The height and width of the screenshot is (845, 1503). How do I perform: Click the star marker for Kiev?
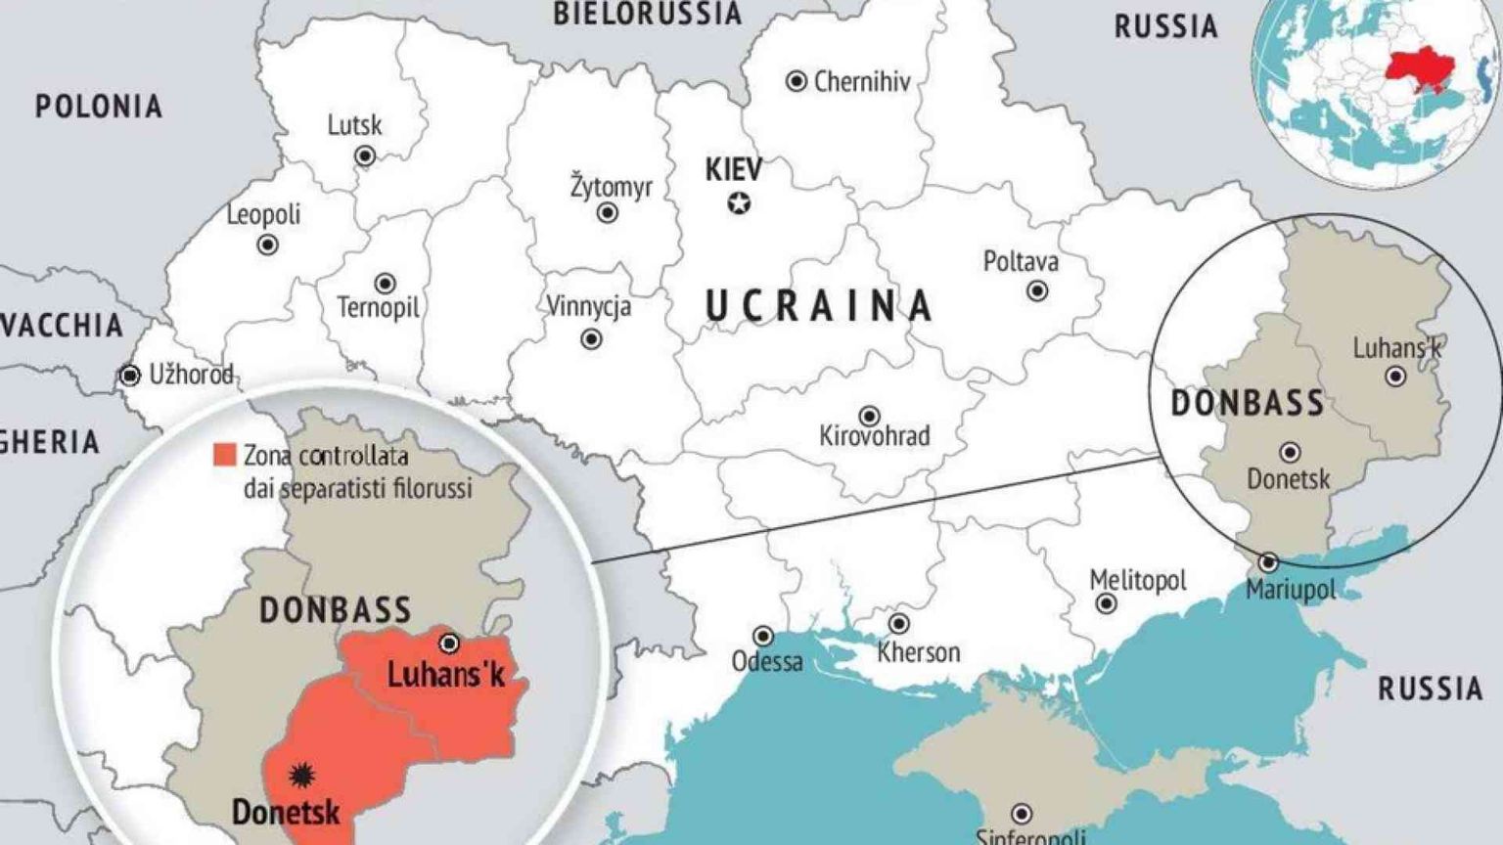(x=739, y=203)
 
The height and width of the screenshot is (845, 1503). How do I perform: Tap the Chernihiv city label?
(x=861, y=82)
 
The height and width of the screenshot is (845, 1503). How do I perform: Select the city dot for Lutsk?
(x=365, y=156)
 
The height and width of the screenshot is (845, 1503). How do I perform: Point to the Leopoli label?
(x=263, y=214)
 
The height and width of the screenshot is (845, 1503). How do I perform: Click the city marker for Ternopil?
(x=386, y=284)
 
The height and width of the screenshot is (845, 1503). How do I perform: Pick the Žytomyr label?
(x=611, y=186)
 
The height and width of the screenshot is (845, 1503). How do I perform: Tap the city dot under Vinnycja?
(x=591, y=339)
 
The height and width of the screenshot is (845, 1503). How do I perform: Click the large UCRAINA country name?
(x=819, y=306)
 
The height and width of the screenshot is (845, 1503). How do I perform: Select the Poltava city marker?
(x=1037, y=291)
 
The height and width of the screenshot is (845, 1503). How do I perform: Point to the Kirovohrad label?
(x=874, y=435)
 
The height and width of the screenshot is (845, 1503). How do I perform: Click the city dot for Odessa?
(x=762, y=638)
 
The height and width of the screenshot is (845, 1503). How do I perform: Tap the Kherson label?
(x=918, y=651)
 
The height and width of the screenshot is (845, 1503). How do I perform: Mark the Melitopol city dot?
(x=1106, y=603)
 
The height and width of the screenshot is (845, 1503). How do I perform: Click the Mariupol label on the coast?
(x=1290, y=591)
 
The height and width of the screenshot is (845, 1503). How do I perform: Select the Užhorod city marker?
(x=129, y=376)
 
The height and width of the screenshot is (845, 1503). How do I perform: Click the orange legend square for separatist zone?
(x=225, y=455)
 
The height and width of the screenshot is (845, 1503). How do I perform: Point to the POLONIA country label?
(x=99, y=107)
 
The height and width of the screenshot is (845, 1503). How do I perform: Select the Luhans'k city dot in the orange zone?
(x=449, y=644)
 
